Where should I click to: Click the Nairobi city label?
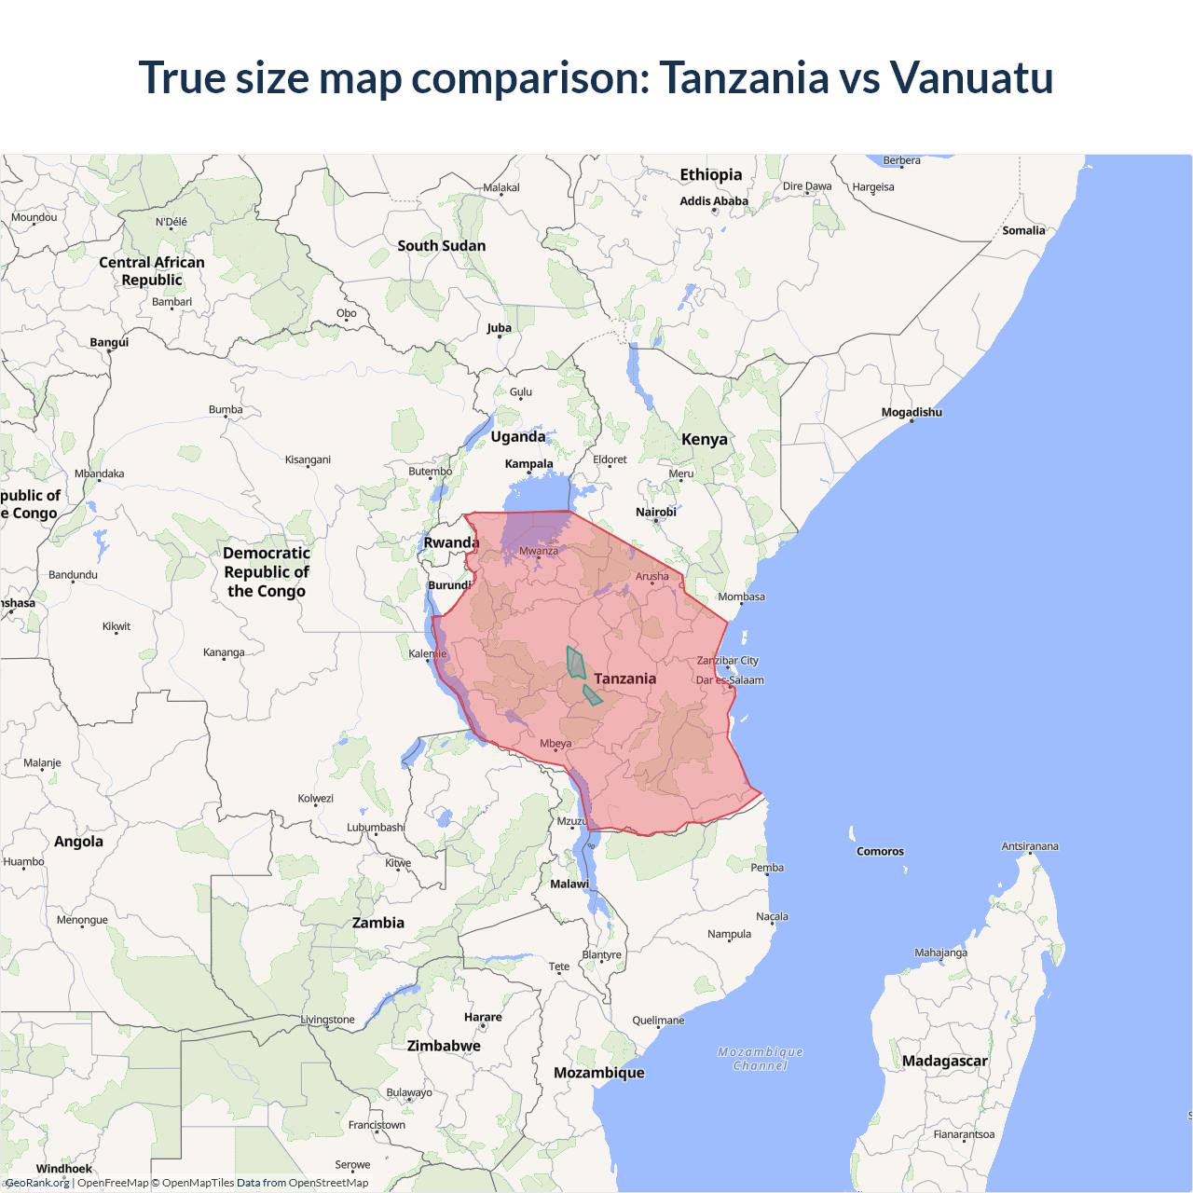click(656, 512)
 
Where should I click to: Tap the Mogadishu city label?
click(912, 412)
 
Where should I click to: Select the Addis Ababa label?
click(714, 200)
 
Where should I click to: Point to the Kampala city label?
click(528, 463)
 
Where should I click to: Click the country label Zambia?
click(378, 923)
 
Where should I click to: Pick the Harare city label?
click(483, 1017)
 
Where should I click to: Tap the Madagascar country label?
click(944, 1061)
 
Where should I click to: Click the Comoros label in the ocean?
click(880, 851)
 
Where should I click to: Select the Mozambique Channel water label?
click(761, 1059)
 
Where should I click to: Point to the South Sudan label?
click(441, 246)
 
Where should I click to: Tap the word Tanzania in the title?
click(744, 77)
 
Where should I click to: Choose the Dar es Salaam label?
click(730, 680)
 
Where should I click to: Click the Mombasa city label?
click(741, 596)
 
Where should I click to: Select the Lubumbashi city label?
click(376, 827)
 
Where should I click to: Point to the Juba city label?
click(499, 328)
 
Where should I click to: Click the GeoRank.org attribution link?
click(37, 1183)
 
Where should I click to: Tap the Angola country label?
click(78, 842)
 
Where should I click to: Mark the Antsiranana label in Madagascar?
click(1030, 846)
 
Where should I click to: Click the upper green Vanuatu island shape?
click(576, 663)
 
